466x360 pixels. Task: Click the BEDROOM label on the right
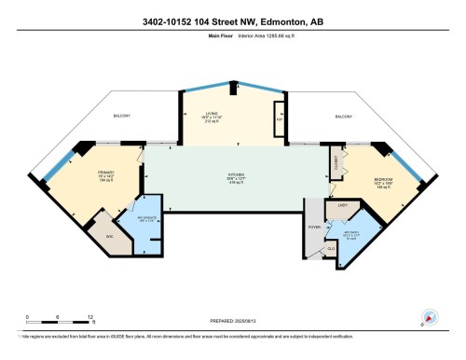pos(383,179)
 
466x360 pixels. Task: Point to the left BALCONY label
pos(121,116)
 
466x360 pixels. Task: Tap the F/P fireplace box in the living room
pos(278,120)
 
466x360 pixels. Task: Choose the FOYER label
pos(314,226)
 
